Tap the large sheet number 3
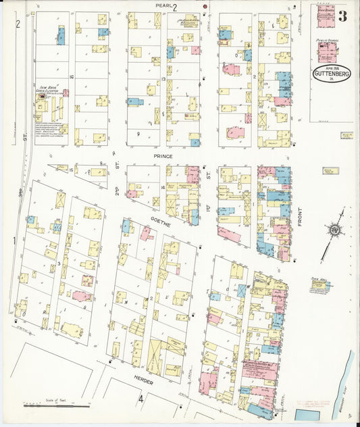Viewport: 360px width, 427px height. [342, 16]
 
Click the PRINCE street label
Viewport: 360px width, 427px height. [163, 156]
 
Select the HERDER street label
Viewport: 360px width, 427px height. [143, 381]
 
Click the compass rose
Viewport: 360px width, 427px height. [334, 231]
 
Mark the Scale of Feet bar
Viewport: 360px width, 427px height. [57, 405]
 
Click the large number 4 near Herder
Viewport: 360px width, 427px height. [141, 398]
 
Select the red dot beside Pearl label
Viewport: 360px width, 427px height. [205, 7]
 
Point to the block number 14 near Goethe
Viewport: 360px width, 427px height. [163, 186]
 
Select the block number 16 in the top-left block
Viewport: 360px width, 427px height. [70, 77]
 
